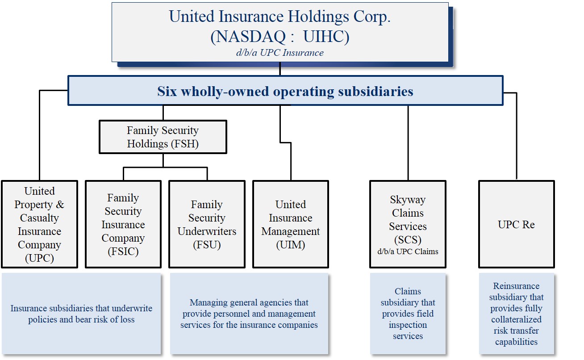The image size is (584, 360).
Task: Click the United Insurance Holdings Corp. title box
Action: point(280,32)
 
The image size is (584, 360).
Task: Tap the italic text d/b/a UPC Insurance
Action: point(280,53)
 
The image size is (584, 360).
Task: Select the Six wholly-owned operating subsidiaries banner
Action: point(285,91)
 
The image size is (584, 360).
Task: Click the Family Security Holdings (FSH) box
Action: point(163,137)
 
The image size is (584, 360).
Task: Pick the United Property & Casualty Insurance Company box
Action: point(40,224)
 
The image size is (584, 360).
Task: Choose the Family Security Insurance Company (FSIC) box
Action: point(123,224)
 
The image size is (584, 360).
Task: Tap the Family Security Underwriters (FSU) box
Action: point(207,224)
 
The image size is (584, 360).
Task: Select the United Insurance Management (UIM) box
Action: point(291,224)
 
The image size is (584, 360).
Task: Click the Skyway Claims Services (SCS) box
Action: point(408,224)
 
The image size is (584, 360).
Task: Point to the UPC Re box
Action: point(517,224)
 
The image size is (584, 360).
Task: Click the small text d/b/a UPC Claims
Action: point(408,251)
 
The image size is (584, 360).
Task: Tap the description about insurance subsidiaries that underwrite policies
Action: point(81,314)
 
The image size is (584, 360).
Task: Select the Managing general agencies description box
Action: point(249,314)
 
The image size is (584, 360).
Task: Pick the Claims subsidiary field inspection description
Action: point(408,314)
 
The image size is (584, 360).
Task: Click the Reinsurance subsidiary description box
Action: point(517,314)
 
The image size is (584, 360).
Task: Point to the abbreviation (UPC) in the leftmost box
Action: point(40,258)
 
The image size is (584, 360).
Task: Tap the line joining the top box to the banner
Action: point(280,69)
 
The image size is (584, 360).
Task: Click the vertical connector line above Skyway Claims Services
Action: point(408,143)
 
